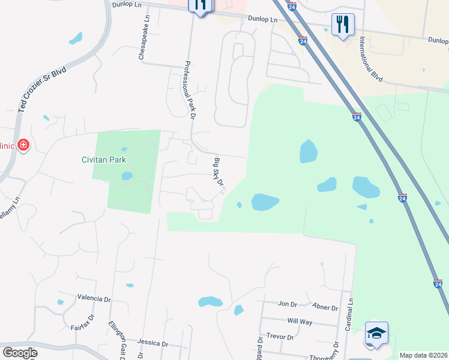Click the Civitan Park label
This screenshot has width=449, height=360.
(x=104, y=160)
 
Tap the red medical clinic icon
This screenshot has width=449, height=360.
(x=23, y=145)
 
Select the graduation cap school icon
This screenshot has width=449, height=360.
(x=376, y=333)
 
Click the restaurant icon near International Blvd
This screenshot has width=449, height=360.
(x=343, y=25)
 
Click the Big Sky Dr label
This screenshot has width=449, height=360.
(x=218, y=172)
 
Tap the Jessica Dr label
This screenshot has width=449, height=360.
(x=152, y=343)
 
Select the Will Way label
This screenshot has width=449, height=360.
(x=300, y=322)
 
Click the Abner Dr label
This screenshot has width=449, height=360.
(x=325, y=307)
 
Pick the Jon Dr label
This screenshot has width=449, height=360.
(x=288, y=304)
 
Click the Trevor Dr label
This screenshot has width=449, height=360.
(x=280, y=337)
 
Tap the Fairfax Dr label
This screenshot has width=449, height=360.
(x=83, y=324)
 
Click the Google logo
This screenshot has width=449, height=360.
(x=20, y=353)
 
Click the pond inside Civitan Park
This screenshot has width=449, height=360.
(x=127, y=176)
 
